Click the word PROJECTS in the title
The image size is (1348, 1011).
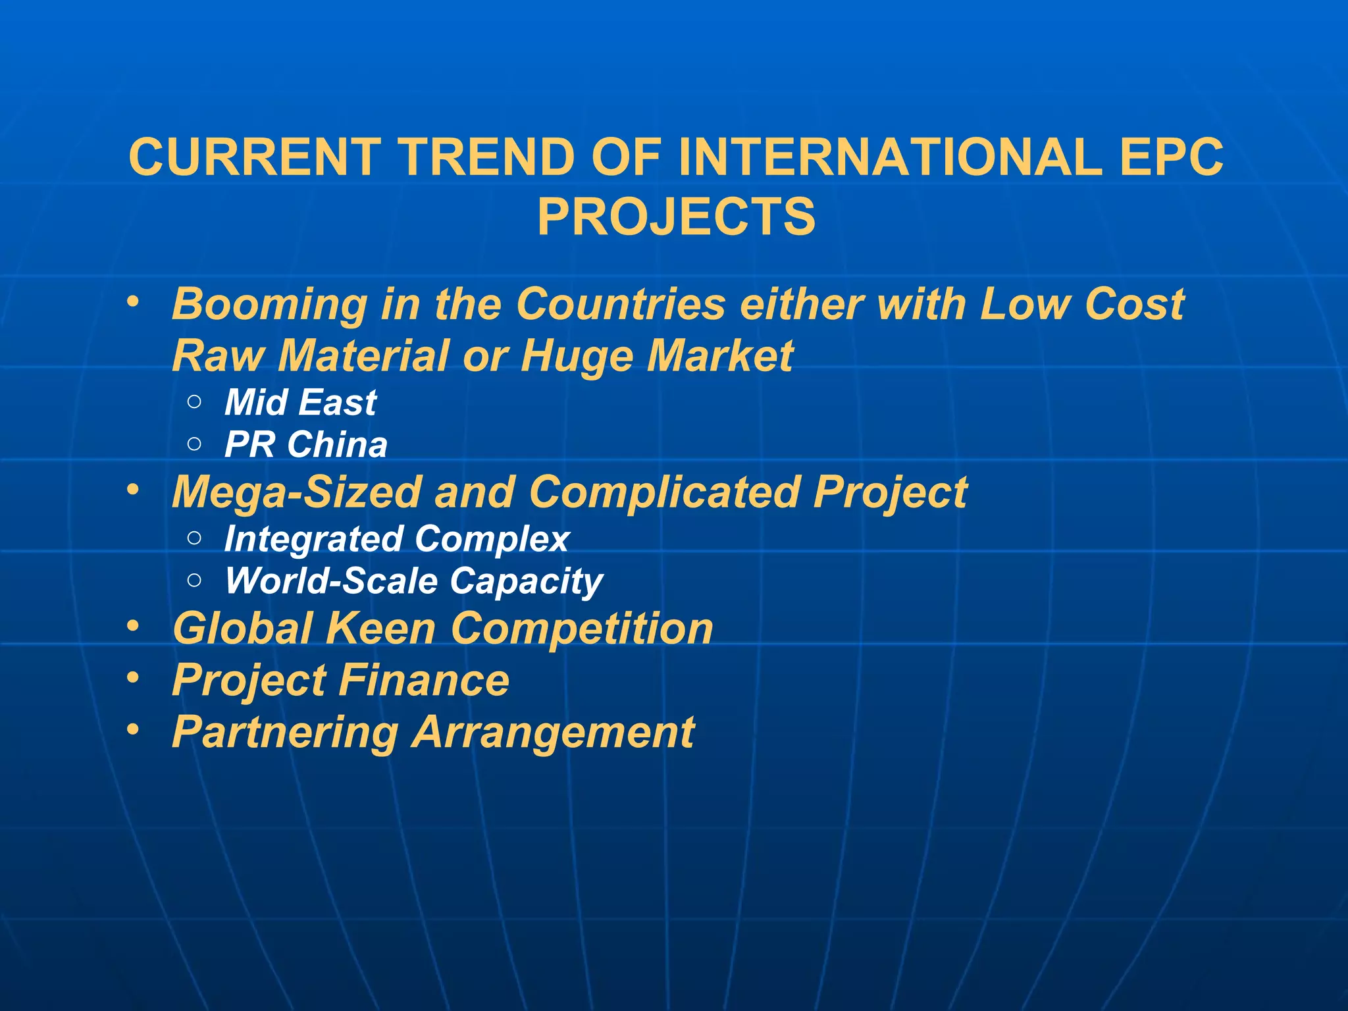676,217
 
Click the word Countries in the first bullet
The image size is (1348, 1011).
620,305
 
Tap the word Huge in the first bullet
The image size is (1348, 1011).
577,356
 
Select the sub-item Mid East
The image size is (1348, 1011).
300,403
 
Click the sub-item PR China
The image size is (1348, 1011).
306,445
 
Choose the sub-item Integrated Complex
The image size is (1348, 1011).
397,539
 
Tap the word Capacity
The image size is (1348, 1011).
527,582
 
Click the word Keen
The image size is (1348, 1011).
380,629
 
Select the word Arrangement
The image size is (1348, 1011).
553,733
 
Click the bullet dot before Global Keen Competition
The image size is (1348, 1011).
134,626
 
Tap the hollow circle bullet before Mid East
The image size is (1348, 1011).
194,402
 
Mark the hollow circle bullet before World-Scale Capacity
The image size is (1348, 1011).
194,580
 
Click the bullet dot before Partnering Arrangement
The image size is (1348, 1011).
134,729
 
